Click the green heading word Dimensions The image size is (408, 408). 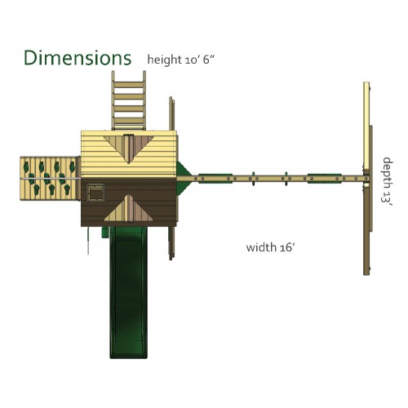(x=78, y=58)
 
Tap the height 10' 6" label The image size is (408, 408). (x=181, y=60)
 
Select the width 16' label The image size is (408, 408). (x=270, y=247)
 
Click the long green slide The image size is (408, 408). (x=128, y=292)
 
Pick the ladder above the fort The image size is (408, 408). (x=129, y=100)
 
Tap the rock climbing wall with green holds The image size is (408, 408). (x=50, y=179)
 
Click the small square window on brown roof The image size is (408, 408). (x=95, y=193)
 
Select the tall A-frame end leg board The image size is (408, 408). (x=366, y=179)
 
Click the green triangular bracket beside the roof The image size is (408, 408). (x=183, y=178)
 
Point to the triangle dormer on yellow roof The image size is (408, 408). (x=129, y=149)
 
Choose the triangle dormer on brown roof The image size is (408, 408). (x=129, y=208)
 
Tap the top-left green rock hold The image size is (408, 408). (x=26, y=166)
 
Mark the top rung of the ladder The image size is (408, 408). (x=129, y=85)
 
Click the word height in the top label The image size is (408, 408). (x=165, y=60)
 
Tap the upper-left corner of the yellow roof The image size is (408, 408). (x=82, y=131)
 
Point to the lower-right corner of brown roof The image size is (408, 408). (x=176, y=226)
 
